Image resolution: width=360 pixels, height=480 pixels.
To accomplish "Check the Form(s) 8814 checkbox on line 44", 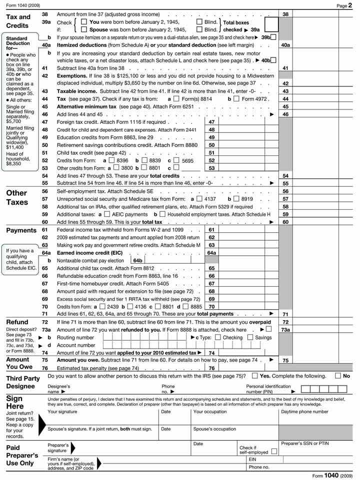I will pyautogui.click(x=176, y=99).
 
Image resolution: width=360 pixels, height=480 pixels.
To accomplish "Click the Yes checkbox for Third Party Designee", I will pyautogui.click(x=255, y=376).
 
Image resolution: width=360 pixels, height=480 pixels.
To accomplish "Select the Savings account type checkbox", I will pyautogui.click(x=264, y=337).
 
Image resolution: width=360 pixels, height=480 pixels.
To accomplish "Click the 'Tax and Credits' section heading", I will pyautogui.click(x=18, y=21).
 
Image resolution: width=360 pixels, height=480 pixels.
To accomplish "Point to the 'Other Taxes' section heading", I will pyautogui.click(x=17, y=197).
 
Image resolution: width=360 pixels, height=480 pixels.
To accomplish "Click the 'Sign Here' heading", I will pyautogui.click(x=14, y=403).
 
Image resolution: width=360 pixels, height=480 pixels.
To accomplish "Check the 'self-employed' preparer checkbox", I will pyautogui.click(x=273, y=452).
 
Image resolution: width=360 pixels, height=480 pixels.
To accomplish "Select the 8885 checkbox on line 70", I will pyautogui.click(x=186, y=307).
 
